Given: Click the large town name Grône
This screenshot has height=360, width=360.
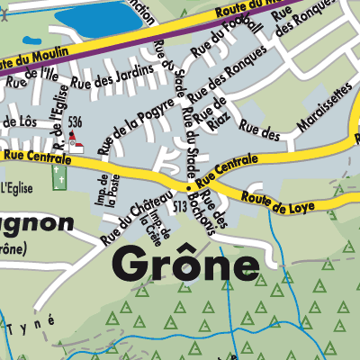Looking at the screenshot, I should pyautogui.click(x=185, y=265).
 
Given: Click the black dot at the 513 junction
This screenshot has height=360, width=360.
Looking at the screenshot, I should pyautogui.click(x=188, y=189).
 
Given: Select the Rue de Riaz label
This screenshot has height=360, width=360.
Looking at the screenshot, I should pyautogui.click(x=219, y=114).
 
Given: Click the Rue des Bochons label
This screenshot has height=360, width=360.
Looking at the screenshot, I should pyautogui.click(x=211, y=212).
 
